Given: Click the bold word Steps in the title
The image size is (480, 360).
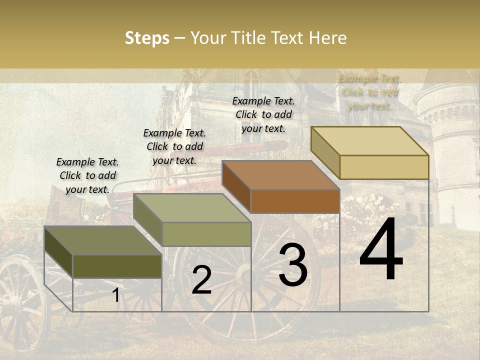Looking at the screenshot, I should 147,38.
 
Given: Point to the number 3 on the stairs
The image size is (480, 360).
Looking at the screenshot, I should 293,264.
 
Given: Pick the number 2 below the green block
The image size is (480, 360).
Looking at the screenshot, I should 201,280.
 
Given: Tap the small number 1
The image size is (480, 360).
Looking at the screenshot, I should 115,295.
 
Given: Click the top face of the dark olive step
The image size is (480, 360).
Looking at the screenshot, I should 102,241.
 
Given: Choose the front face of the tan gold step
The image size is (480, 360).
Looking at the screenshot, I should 384,167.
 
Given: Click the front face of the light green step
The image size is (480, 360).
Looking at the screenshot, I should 206,234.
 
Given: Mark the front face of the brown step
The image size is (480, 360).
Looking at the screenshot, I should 295,201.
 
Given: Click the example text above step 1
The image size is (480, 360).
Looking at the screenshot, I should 87,175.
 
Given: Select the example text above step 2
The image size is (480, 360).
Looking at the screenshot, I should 174,146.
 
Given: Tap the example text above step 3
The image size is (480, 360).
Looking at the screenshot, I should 263,114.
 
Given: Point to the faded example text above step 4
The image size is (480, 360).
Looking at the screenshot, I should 369,92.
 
